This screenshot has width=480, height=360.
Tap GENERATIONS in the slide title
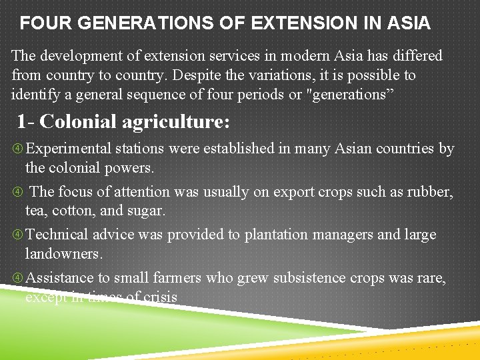[138, 24]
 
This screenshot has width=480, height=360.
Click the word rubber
[433, 192]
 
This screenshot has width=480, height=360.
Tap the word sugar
[146, 211]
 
